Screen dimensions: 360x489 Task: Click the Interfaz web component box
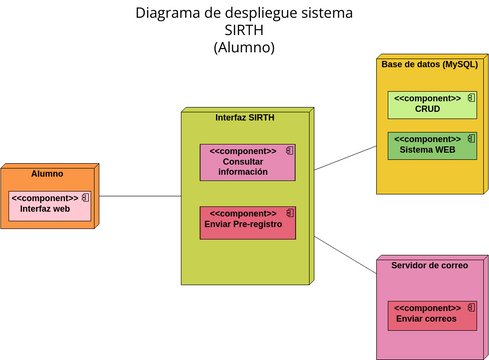[x=50, y=205]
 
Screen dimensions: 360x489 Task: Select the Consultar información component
[x=247, y=162]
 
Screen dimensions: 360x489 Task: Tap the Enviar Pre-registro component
[x=247, y=223]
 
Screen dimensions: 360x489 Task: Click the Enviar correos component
[x=431, y=314]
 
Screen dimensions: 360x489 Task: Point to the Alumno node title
[x=47, y=174]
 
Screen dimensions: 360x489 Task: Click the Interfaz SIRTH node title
[x=245, y=117]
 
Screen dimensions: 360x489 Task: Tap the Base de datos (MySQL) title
[x=429, y=64]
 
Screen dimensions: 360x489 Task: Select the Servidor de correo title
[x=424, y=266]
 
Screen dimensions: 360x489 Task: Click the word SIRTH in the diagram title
[x=244, y=31]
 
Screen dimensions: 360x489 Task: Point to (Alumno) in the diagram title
[x=244, y=48]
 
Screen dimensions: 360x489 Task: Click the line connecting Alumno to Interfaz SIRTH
[x=140, y=196]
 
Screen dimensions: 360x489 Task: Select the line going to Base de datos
[x=345, y=156]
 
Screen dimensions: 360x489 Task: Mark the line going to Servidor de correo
[x=345, y=254]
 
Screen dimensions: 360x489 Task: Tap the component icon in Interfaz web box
[x=86, y=198]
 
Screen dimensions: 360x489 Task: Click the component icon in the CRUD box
[x=470, y=99]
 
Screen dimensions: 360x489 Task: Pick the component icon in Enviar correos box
[x=470, y=307]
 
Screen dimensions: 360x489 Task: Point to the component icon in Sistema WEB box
[x=470, y=139]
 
